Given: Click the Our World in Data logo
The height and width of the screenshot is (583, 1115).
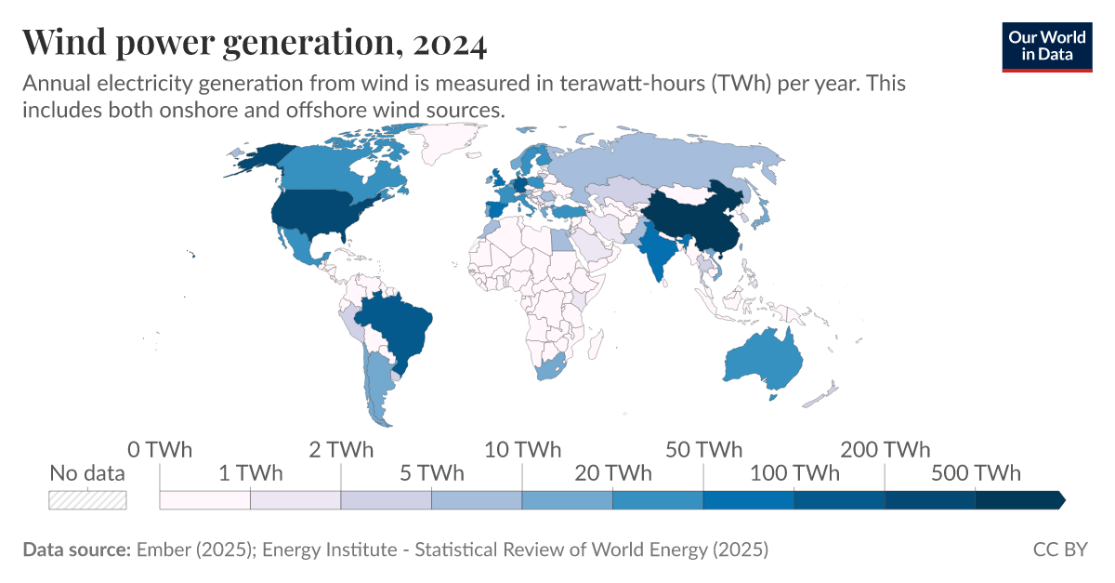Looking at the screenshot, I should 1046,46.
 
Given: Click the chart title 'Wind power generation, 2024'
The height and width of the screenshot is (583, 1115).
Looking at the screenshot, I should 254,43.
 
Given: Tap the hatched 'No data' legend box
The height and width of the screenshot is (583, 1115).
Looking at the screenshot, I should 87,499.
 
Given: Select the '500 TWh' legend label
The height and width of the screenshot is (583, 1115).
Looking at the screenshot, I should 975,472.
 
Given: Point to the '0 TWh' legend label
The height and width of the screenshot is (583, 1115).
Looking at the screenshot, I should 160,450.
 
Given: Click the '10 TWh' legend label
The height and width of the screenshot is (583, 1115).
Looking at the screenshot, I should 522,450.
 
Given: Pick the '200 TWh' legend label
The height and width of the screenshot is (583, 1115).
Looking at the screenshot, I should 885,450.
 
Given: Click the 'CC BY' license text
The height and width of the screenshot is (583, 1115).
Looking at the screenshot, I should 1059,550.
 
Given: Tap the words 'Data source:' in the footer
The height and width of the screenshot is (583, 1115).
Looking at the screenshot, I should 76,550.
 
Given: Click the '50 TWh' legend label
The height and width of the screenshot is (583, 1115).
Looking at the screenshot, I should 703,450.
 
